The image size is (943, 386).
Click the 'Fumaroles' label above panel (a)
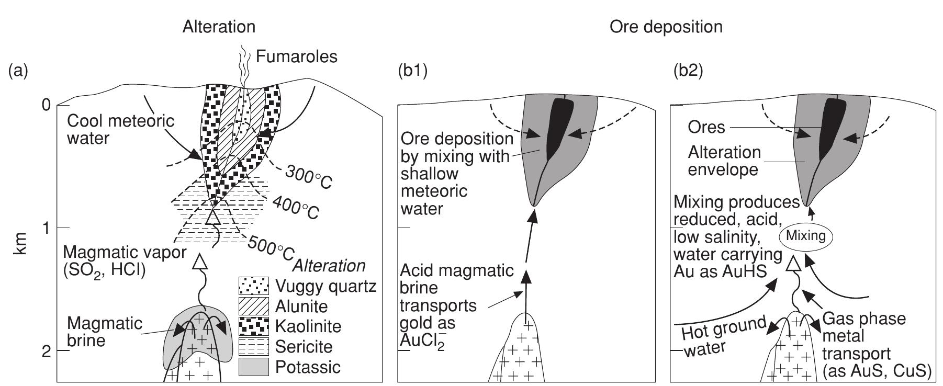[x=296, y=56]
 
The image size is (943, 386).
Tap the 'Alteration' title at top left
[x=219, y=27]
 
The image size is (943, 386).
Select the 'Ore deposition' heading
[x=666, y=27]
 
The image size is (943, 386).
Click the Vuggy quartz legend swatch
[x=253, y=286]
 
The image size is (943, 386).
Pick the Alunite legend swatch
[x=253, y=305]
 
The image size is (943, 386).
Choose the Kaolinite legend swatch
[x=253, y=326]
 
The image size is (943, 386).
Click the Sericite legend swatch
[x=253, y=346]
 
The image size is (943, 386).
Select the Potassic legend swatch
[x=253, y=367]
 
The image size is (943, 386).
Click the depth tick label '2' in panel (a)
[x=47, y=351]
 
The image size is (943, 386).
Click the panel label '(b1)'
[x=413, y=70]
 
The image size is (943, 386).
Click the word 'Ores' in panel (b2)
[x=706, y=127]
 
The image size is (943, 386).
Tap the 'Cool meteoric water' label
[x=121, y=129]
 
